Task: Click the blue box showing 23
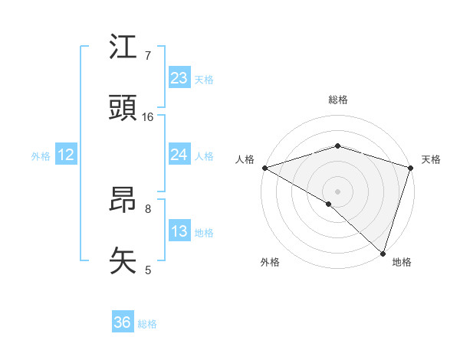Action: tap(179, 78)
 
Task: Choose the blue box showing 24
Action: tap(179, 155)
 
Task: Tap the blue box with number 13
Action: tap(179, 231)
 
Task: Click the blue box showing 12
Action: tap(65, 155)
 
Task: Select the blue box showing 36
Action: tap(123, 322)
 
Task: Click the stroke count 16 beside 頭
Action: tap(148, 117)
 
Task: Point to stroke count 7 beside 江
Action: tap(148, 55)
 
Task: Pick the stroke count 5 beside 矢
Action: tap(148, 270)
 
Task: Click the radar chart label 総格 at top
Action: tap(338, 100)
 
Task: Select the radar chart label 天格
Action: tap(431, 159)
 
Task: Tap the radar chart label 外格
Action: tap(270, 262)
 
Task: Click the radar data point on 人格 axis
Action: tap(264, 168)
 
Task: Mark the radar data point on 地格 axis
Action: tap(383, 253)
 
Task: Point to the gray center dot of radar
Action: tap(337, 191)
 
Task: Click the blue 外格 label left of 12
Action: tap(41, 155)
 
